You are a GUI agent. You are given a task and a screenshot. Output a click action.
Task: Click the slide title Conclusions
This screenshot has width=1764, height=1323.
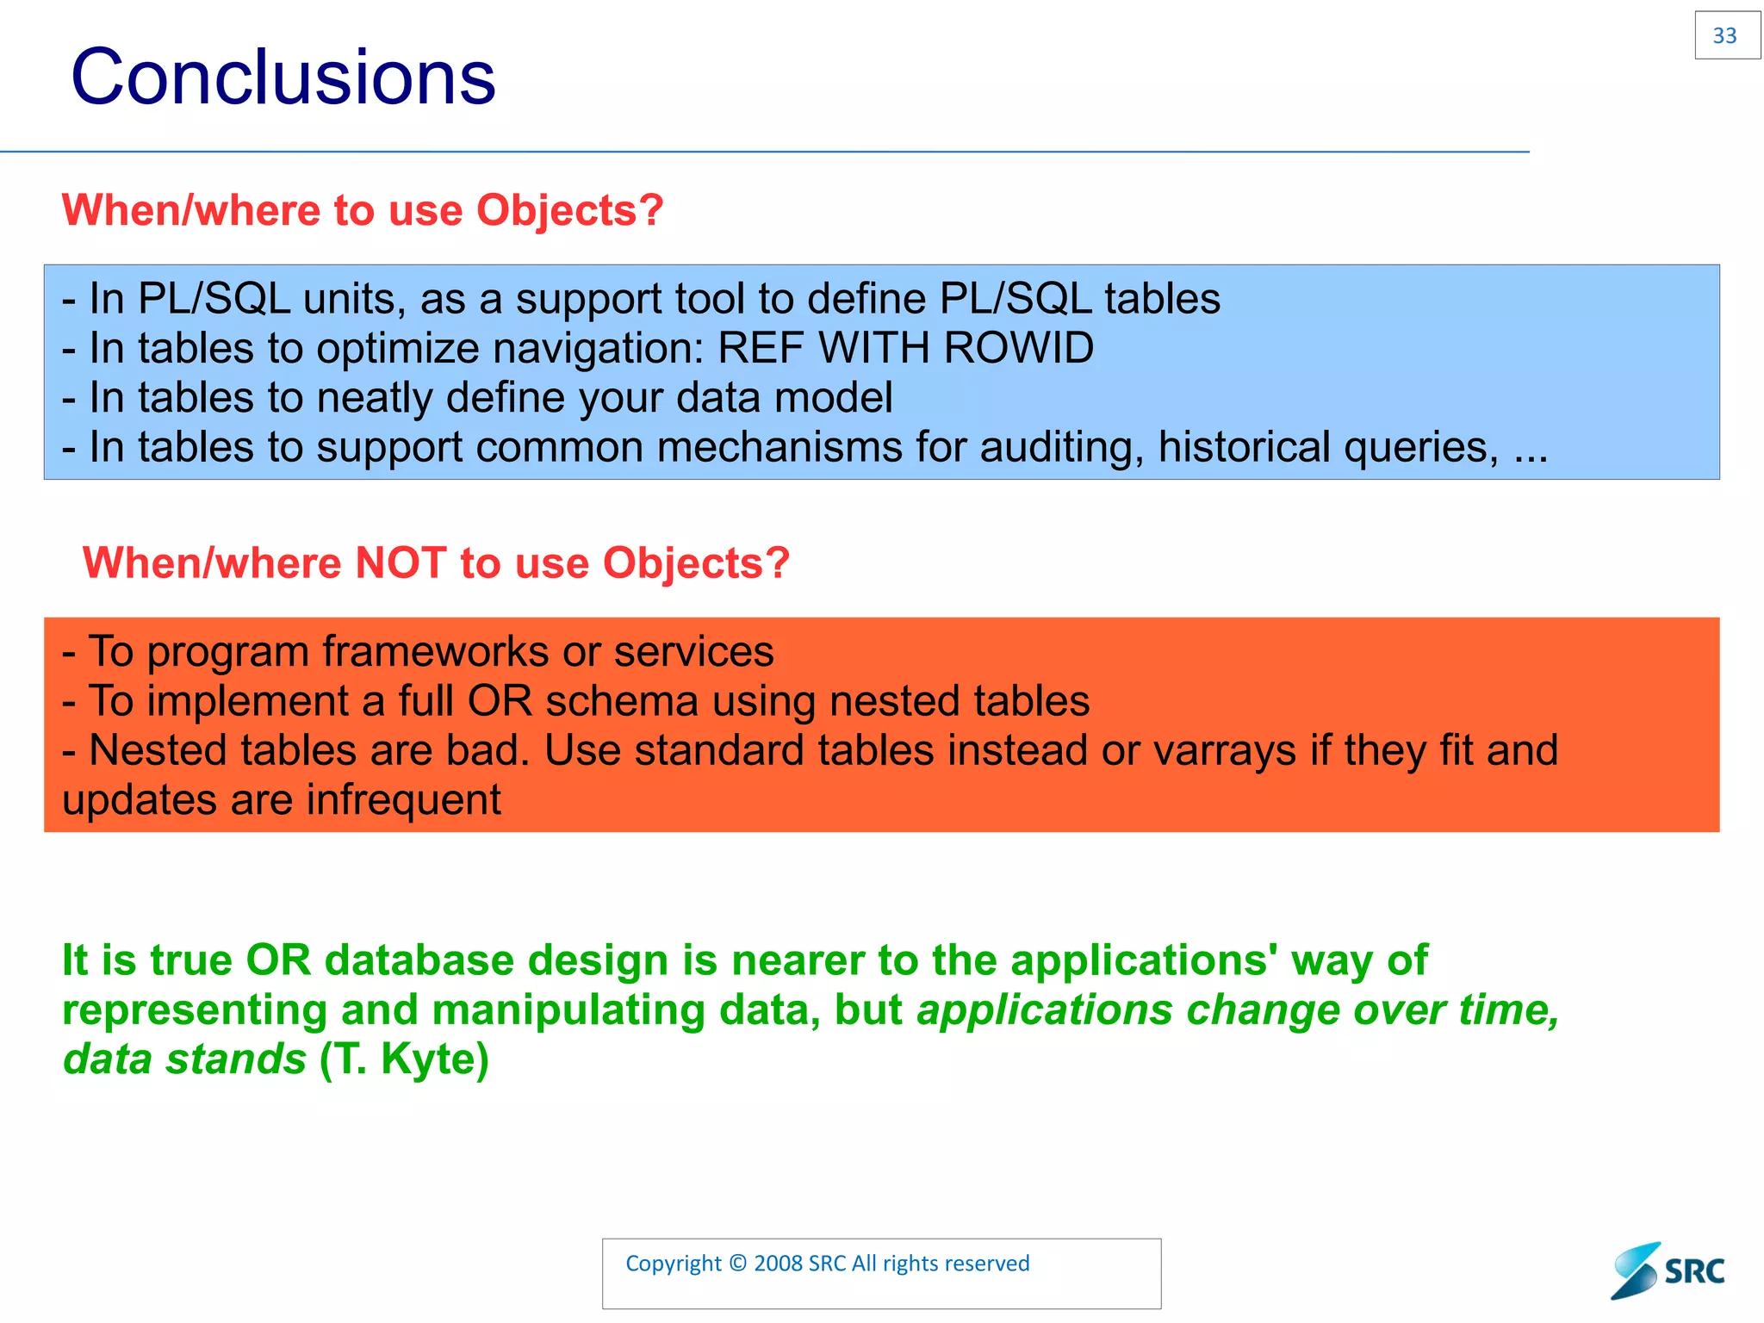pyautogui.click(x=283, y=78)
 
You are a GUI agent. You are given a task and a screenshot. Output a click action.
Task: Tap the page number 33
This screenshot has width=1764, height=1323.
pyautogui.click(x=1725, y=36)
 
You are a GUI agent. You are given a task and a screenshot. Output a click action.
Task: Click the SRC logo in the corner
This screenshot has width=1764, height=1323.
pyautogui.click(x=1668, y=1270)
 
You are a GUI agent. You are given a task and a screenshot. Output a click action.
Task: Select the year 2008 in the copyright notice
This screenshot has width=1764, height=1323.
pyautogui.click(x=778, y=1264)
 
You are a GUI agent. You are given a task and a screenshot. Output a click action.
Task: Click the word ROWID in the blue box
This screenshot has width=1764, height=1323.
pyautogui.click(x=1018, y=349)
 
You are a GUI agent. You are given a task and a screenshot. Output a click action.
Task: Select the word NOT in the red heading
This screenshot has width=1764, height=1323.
pyautogui.click(x=401, y=563)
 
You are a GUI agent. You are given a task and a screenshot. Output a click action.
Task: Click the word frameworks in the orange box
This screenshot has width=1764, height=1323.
pyautogui.click(x=436, y=652)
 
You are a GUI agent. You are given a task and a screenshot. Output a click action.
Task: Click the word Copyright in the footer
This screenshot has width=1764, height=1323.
pyautogui.click(x=673, y=1264)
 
